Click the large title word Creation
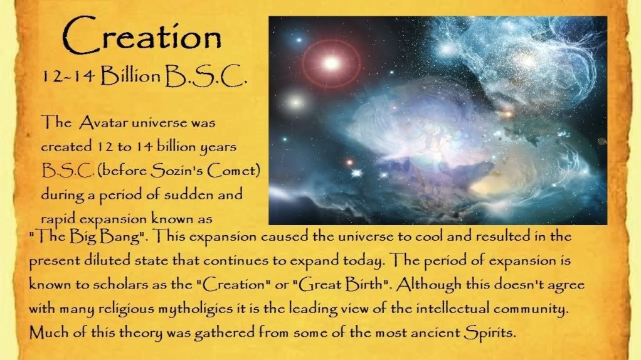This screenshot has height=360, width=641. [x=142, y=36]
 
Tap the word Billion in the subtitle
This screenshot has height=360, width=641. [x=130, y=76]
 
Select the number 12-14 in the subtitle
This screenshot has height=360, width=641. [x=68, y=77]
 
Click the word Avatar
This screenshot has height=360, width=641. [x=103, y=122]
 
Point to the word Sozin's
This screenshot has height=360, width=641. [x=177, y=170]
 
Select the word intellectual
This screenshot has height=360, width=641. [x=453, y=308]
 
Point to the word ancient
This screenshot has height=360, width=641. [x=435, y=332]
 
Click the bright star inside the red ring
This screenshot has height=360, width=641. [x=331, y=63]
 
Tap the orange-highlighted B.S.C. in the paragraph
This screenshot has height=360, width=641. [x=68, y=170]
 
